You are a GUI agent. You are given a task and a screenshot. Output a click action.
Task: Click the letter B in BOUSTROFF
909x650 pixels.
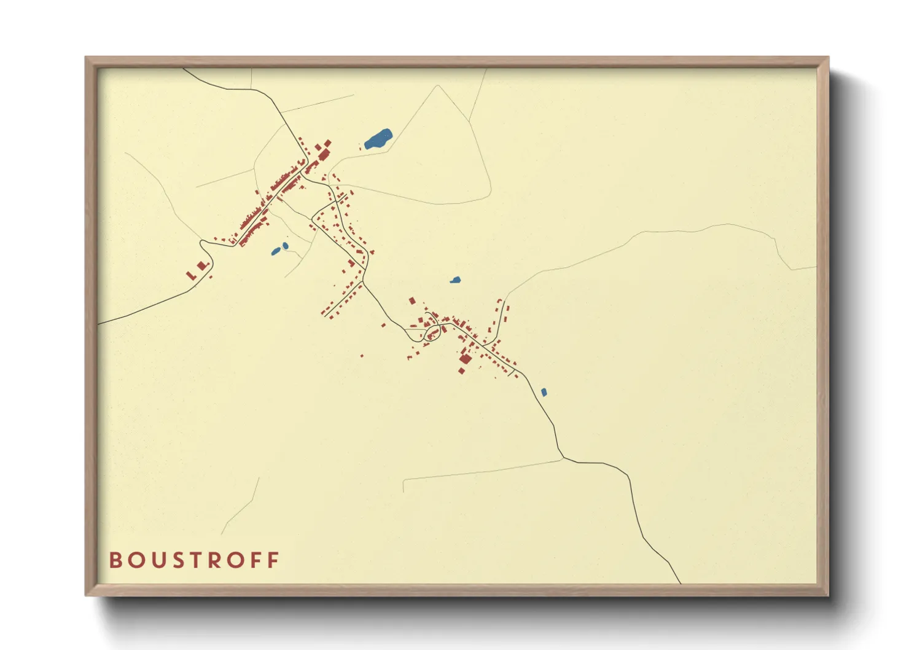(x=115, y=560)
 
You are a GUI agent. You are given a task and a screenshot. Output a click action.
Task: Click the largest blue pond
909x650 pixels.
(x=378, y=139)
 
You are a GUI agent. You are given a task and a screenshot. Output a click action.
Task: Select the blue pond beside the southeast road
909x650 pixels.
(x=544, y=392)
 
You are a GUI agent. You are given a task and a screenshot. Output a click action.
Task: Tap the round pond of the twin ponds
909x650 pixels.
(x=285, y=246)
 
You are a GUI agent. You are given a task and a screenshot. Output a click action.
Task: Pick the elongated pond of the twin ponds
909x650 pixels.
(x=276, y=251)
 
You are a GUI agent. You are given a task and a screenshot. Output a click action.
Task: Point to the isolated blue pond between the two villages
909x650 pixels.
(x=455, y=280)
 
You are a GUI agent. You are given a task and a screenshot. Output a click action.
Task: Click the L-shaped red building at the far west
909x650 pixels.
(x=191, y=275)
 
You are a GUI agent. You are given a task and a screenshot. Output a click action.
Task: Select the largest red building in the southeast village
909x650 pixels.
(x=466, y=359)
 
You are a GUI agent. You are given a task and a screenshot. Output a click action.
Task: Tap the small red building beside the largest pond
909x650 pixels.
(x=361, y=146)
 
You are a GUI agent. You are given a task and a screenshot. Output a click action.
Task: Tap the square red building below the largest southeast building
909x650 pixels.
(x=461, y=370)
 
